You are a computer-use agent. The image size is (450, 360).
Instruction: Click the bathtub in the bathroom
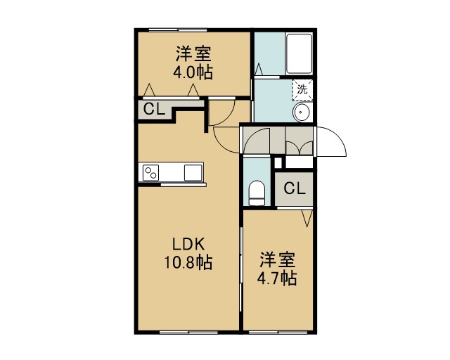click(x=300, y=53)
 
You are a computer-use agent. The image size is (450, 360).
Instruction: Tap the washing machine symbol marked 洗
click(x=302, y=90)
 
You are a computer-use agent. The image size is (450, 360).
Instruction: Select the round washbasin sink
click(x=301, y=112)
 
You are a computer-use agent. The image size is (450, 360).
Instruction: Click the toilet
click(x=257, y=193)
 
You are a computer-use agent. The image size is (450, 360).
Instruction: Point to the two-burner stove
click(x=150, y=172)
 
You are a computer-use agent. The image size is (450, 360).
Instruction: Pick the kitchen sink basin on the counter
click(x=193, y=172)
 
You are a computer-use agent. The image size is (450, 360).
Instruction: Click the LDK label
click(x=188, y=244)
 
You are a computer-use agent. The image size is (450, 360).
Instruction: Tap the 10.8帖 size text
click(x=188, y=262)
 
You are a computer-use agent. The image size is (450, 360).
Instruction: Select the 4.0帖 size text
click(x=193, y=72)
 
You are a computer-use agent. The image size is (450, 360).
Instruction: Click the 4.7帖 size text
click(x=276, y=278)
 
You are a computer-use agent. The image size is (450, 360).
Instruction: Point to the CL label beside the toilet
click(x=295, y=188)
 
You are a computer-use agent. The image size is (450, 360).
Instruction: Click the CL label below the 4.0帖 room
click(x=155, y=109)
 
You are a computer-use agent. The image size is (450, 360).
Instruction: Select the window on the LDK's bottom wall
click(x=188, y=333)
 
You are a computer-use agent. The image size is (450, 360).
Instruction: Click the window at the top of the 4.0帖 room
click(x=178, y=30)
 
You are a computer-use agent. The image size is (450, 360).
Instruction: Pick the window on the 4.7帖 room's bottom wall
click(x=278, y=333)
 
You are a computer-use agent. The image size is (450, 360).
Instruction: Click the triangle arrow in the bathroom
click(x=259, y=70)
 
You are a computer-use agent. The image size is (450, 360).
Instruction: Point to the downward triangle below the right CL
click(x=307, y=218)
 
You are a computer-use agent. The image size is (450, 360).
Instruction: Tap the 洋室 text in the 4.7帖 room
click(x=278, y=260)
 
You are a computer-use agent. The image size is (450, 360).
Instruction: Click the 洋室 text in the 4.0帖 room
click(x=193, y=54)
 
